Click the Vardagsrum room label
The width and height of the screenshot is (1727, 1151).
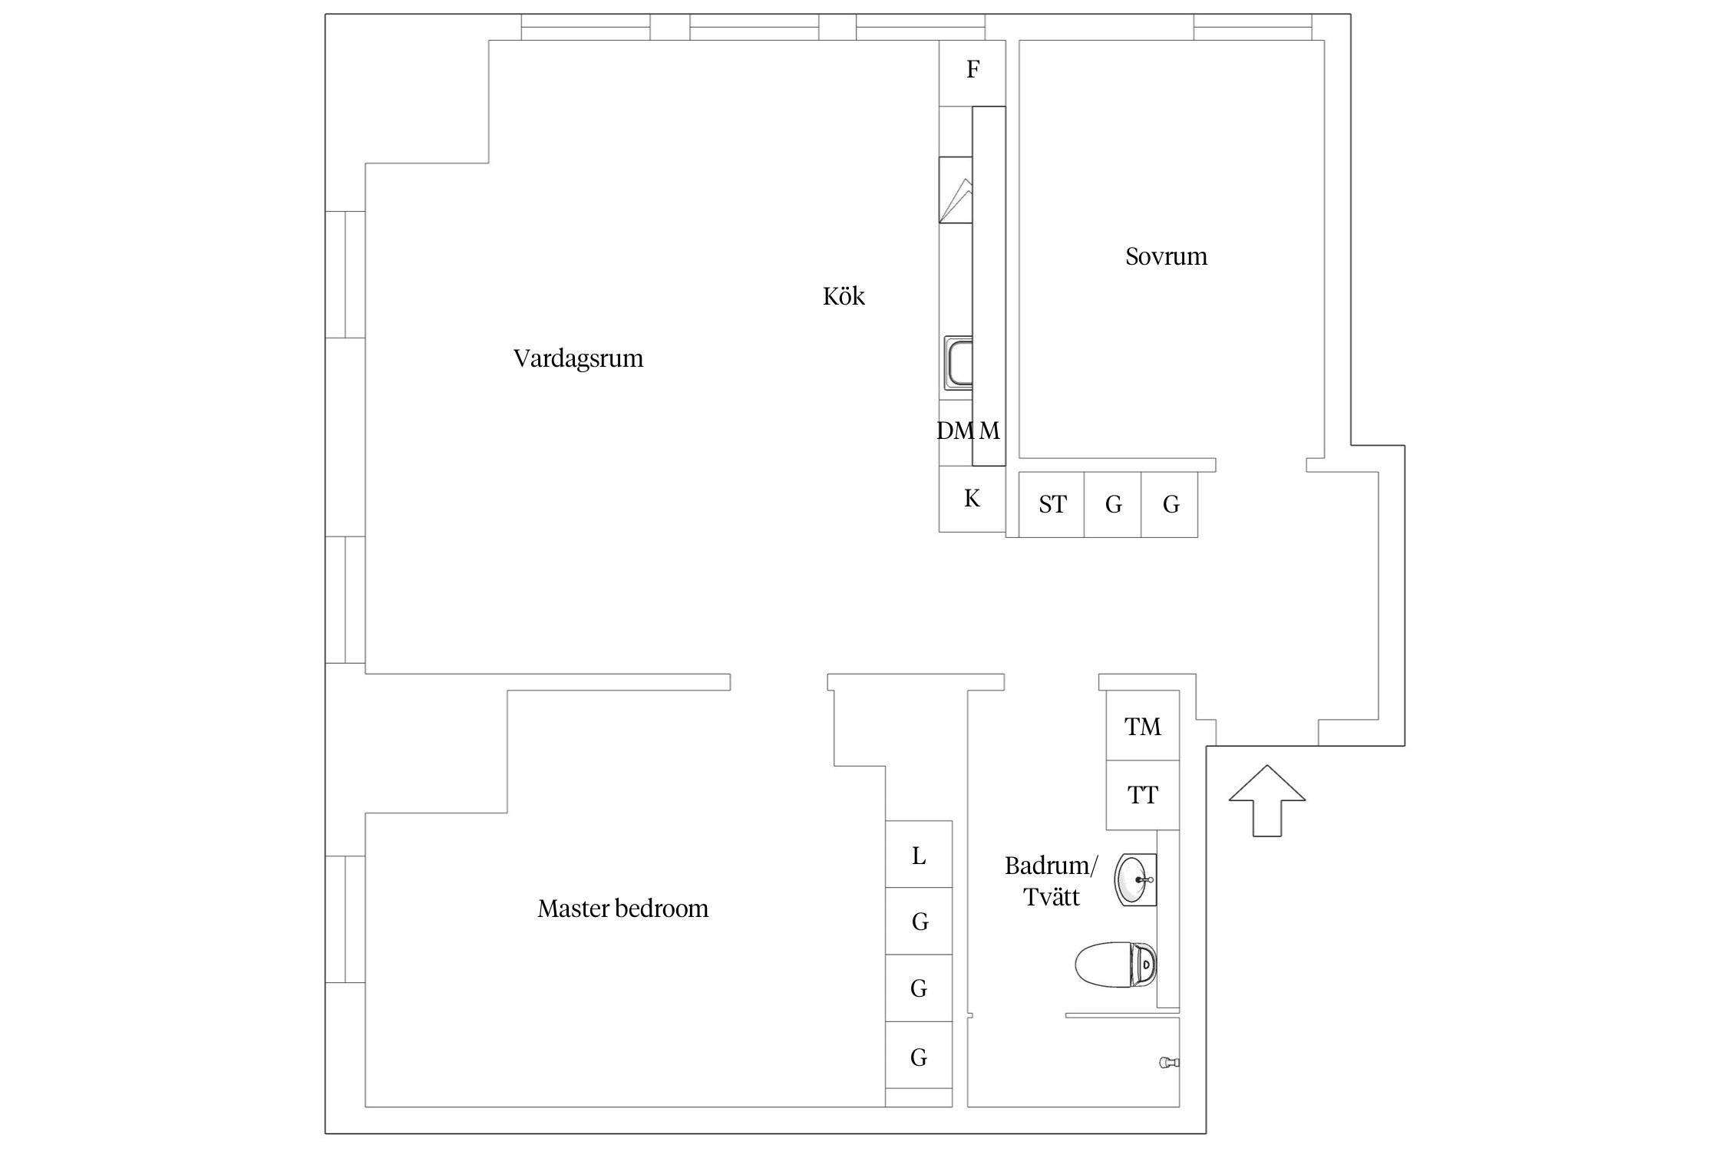pyautogui.click(x=578, y=358)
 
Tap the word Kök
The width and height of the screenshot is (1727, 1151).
pyautogui.click(x=844, y=296)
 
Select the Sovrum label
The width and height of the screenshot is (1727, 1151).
pyautogui.click(x=1166, y=256)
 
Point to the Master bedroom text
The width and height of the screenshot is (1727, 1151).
pyautogui.click(x=622, y=909)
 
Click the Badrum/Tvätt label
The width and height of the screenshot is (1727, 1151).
pyautogui.click(x=1052, y=881)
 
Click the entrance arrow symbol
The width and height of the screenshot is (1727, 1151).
pyautogui.click(x=1266, y=800)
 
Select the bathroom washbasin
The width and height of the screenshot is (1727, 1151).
pyautogui.click(x=1135, y=879)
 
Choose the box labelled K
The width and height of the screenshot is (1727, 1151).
pyautogui.click(x=972, y=500)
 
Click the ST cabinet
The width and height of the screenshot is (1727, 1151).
pyautogui.click(x=1052, y=504)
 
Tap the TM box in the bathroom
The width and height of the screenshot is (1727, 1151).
pyautogui.click(x=1142, y=726)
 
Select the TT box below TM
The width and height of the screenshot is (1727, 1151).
pyautogui.click(x=1142, y=795)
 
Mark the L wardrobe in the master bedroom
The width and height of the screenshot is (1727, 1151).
pyautogui.click(x=919, y=855)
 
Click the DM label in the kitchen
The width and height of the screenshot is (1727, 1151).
pyautogui.click(x=955, y=431)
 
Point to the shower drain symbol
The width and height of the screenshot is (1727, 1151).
pyautogui.click(x=1168, y=1063)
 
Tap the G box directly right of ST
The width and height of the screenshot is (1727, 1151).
pyautogui.click(x=1113, y=504)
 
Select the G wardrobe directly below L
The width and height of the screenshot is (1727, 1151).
pyautogui.click(x=919, y=921)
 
